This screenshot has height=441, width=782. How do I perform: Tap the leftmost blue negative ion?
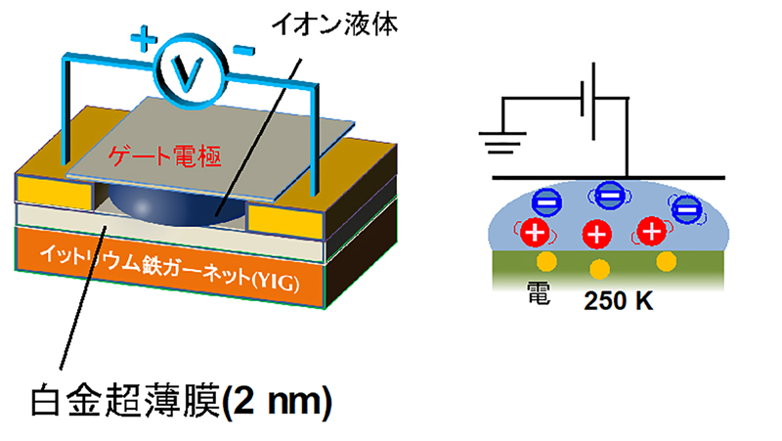[544, 199]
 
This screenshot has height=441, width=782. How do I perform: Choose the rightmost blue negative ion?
[686, 208]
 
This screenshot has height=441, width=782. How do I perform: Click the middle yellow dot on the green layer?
[599, 269]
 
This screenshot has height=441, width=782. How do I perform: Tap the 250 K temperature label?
[618, 301]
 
